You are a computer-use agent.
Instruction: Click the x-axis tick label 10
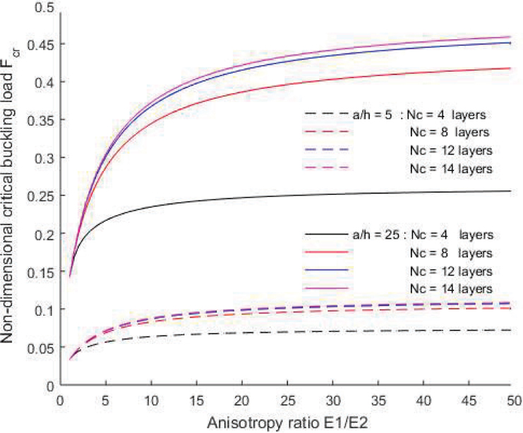tap(150, 401)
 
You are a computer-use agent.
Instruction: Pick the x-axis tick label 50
tap(512, 401)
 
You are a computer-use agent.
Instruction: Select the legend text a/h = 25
tap(369, 234)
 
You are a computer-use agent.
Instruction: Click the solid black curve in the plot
tap(282, 196)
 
